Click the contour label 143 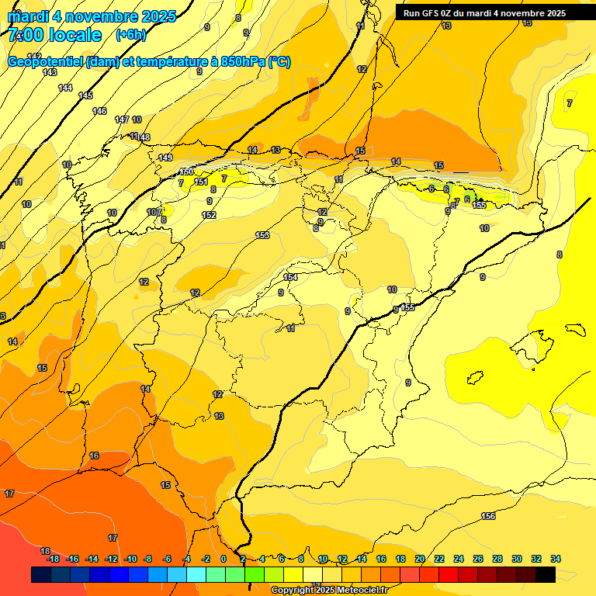50,72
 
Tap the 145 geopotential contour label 85,95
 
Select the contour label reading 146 99,111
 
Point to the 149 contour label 165,158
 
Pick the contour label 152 209,215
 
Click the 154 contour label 290,277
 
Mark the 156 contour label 488,516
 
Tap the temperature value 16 94,456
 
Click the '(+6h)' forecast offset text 130,35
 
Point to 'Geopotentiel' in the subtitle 44,62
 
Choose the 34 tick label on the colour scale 556,559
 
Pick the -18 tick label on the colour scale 53,559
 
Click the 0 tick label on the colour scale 223,559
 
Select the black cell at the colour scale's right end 545,574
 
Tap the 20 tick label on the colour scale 420,559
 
